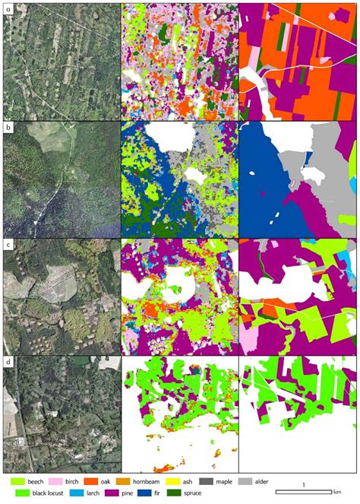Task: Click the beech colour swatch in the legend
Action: [17, 481]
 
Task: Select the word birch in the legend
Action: [78, 481]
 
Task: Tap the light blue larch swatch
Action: [77, 493]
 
